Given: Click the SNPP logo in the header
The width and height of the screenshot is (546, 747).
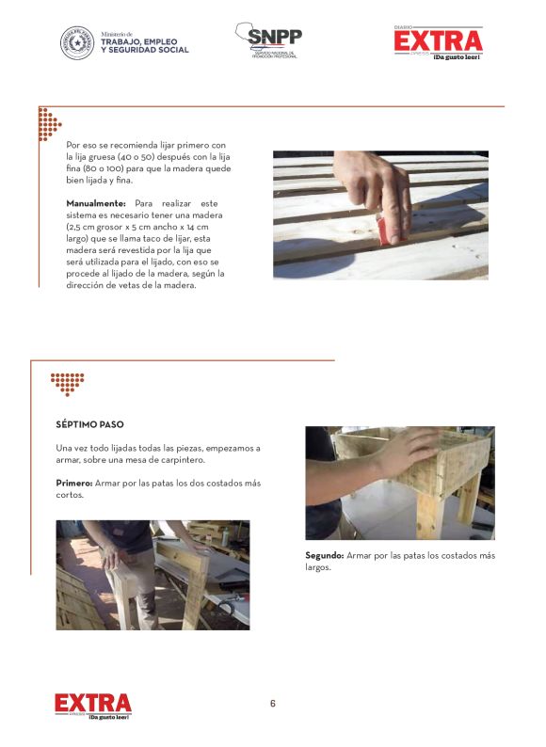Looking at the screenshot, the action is [269, 40].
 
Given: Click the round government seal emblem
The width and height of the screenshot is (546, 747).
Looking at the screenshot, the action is [77, 43].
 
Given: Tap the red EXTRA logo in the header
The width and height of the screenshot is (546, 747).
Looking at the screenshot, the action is [439, 42].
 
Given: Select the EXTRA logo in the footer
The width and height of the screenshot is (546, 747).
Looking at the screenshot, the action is [93, 706].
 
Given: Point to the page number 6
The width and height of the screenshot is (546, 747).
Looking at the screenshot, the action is [273, 703].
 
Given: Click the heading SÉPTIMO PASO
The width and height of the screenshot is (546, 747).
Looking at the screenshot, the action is [89, 424].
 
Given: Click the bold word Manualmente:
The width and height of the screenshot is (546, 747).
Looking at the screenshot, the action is [96, 203].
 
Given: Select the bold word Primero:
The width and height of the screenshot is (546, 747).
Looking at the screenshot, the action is [74, 483].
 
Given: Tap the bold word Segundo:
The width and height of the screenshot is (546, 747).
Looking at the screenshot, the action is [324, 555].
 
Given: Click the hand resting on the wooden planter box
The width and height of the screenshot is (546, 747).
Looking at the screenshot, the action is [407, 452].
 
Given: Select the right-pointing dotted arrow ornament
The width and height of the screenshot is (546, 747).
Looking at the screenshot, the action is [49, 124].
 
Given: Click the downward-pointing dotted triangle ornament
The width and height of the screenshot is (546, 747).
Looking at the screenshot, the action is [67, 385].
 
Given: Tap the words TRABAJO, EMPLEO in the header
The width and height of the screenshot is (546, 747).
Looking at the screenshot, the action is [138, 42].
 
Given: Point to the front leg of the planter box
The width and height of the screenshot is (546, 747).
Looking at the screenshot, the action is [429, 516].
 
